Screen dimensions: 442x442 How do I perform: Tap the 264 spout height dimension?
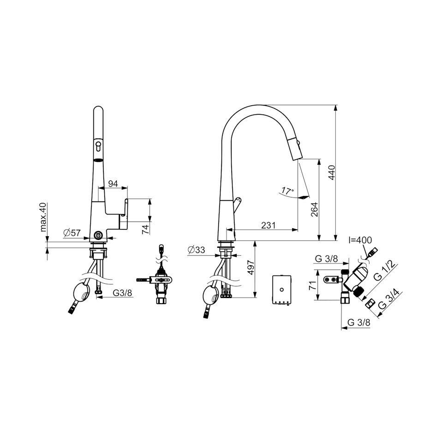pyautogui.click(x=315, y=209)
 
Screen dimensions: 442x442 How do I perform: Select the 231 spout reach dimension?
pyautogui.click(x=268, y=225)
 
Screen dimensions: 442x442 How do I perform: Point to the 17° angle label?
pyautogui.click(x=287, y=191)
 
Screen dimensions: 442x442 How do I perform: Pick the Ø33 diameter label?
pyautogui.click(x=196, y=250)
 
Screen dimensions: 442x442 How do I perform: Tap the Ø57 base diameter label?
pyautogui.click(x=72, y=233)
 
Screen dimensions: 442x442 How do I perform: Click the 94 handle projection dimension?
pyautogui.click(x=113, y=184)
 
